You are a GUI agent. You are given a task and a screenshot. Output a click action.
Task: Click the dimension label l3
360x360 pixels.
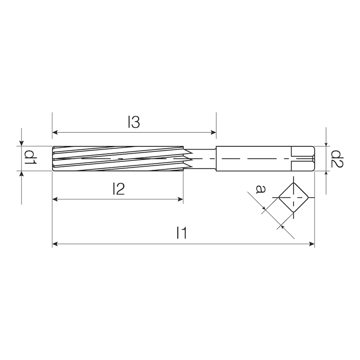pyautogui.click(x=134, y=122)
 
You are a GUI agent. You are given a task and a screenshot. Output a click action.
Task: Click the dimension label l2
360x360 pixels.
pyautogui.click(x=118, y=189)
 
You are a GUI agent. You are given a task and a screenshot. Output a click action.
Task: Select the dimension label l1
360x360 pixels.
pyautogui.click(x=181, y=233)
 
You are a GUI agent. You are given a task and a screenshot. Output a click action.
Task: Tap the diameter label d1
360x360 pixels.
pyautogui.click(x=30, y=157)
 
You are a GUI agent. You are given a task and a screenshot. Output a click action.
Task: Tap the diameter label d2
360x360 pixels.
pyautogui.click(x=337, y=158)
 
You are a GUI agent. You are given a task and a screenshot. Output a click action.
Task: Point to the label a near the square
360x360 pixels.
pyautogui.click(x=260, y=189)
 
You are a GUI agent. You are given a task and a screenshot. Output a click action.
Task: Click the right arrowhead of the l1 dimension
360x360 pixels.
pyautogui.click(x=311, y=244)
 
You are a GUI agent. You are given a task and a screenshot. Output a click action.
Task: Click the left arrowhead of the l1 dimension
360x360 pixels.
pyautogui.click(x=55, y=244)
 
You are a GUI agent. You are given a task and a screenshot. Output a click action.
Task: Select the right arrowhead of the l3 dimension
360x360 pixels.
pyautogui.click(x=213, y=132)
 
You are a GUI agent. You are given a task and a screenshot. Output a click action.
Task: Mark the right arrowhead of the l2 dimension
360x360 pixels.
pyautogui.click(x=180, y=199)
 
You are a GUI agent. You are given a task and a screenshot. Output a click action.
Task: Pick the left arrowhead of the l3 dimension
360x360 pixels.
pyautogui.click(x=55, y=132)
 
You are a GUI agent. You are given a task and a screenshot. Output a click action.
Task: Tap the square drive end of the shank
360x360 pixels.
pyautogui.click(x=302, y=158)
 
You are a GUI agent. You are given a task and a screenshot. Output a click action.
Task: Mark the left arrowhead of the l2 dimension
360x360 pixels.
pyautogui.click(x=55, y=199)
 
